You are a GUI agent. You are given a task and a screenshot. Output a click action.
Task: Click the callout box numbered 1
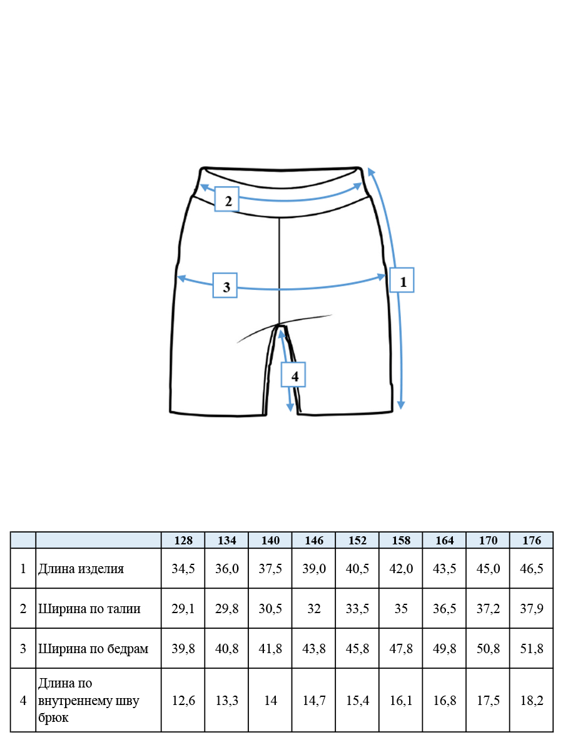point(402,280)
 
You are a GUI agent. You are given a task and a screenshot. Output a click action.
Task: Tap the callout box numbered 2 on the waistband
point(226,199)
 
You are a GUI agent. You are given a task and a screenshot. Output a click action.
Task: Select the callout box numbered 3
point(225,285)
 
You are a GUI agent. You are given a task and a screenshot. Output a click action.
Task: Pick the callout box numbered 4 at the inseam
point(293,374)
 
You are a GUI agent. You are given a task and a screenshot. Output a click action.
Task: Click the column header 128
point(183,540)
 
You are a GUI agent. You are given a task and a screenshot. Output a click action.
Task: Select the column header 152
point(357,540)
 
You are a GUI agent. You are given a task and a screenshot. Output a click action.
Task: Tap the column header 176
point(532,540)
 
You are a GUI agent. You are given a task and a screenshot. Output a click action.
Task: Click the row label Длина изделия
point(81,569)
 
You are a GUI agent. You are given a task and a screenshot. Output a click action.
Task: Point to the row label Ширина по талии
point(89,609)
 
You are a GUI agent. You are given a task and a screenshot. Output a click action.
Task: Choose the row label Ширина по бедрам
point(93,648)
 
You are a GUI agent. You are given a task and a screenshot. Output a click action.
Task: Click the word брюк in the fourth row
point(53,717)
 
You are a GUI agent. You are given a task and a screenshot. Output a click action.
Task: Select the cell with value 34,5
point(183,569)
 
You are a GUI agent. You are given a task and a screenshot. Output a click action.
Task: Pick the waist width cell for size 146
point(314,609)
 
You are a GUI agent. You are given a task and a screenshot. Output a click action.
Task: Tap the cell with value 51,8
point(532,648)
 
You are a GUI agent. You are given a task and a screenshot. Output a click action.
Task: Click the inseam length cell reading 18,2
point(532,701)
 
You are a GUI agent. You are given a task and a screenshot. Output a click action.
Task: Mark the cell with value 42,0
point(401,569)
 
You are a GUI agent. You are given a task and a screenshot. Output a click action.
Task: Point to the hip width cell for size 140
point(270,648)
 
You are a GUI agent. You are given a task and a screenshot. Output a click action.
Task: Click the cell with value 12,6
point(183,701)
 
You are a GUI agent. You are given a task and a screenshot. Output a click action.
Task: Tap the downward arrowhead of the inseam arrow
point(290,407)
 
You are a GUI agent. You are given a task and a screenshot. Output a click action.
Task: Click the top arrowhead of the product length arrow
point(371,171)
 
